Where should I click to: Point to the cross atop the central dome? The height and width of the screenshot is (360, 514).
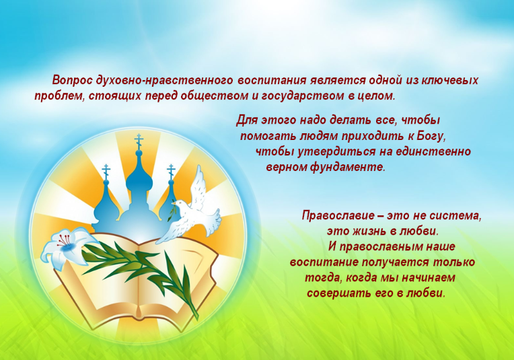coord(139,141)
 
